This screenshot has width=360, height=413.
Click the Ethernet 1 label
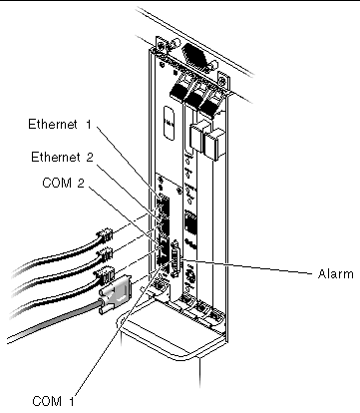coord(59,124)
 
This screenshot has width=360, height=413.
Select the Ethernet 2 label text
coord(62,157)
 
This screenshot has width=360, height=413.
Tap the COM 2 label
coord(64,183)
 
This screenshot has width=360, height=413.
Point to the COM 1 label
coord(53,401)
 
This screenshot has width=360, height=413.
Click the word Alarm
coord(335,274)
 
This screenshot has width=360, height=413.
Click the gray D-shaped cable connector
coord(116,295)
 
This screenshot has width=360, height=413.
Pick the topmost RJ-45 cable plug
coord(105,235)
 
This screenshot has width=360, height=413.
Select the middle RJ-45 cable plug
coord(105,254)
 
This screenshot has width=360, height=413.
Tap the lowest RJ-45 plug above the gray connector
coord(105,274)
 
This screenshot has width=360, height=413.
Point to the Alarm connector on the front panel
coord(176,259)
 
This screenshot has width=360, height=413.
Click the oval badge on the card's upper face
coord(170,123)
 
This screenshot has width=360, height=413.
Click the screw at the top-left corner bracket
coord(161,46)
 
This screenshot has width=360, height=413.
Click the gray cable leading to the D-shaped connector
coord(53,322)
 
